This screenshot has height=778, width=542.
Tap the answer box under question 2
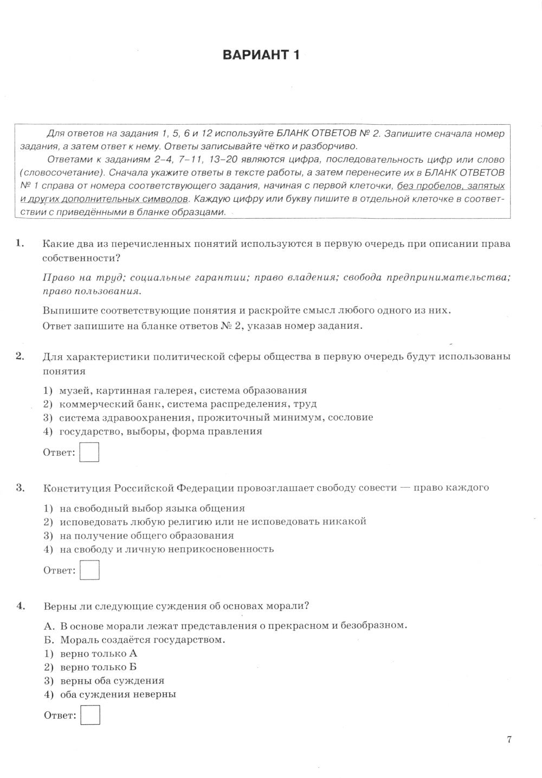(89, 452)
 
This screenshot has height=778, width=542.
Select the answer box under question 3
(89, 570)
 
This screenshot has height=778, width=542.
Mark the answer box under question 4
(91, 715)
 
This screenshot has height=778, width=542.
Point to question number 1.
(20, 244)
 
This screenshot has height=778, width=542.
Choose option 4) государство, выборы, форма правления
(153, 431)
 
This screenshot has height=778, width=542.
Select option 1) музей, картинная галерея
(175, 390)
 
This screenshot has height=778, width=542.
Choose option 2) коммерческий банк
(180, 404)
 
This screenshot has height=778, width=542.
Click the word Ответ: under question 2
(59, 452)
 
